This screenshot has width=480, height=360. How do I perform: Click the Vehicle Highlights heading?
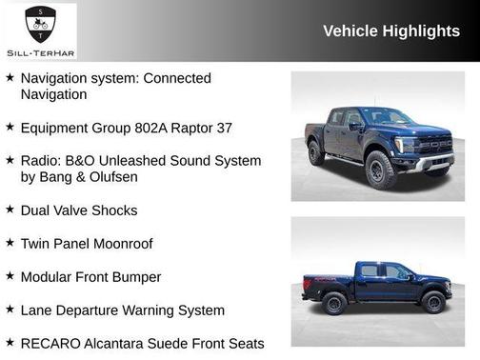[391, 30]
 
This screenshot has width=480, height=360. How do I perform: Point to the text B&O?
[85, 160]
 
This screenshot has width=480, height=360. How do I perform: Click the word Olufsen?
[138, 176]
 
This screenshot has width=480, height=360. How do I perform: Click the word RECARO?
[50, 343]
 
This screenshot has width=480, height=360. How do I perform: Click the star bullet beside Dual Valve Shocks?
[10, 210]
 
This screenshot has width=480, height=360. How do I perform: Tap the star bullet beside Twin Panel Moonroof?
[10, 243]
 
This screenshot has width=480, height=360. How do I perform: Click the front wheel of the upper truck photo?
[379, 171]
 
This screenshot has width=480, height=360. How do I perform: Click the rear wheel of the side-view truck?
[333, 303]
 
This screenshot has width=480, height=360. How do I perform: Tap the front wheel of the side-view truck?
[433, 303]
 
